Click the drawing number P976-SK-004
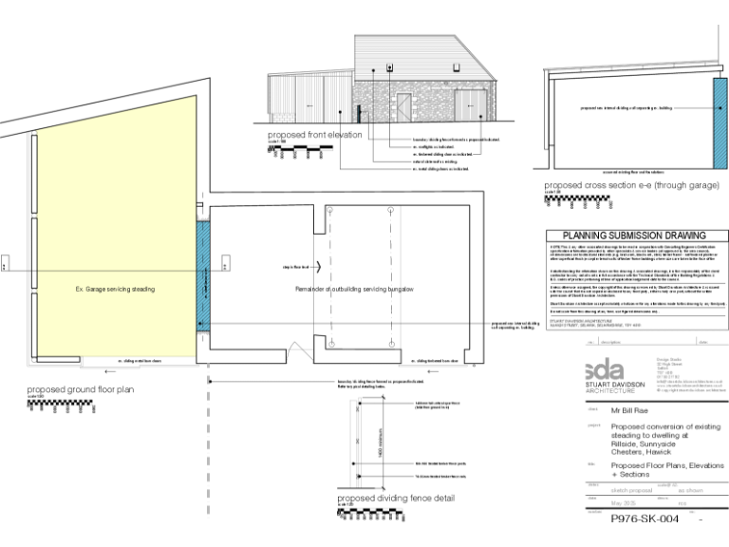point(645,519)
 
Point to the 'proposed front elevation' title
point(314,135)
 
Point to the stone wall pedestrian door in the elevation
point(405,105)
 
